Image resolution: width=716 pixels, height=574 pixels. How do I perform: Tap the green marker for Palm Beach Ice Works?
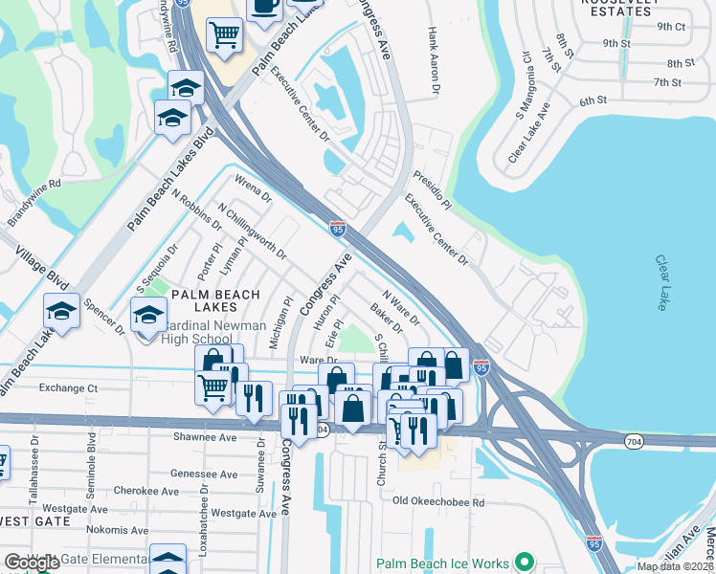tap(524, 563)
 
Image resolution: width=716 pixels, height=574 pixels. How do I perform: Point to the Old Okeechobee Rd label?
tap(438, 501)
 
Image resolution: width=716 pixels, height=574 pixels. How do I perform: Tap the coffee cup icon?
tap(264, 7)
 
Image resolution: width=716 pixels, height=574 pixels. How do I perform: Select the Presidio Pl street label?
tap(432, 189)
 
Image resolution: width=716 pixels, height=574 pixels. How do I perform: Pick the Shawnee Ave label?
tap(205, 437)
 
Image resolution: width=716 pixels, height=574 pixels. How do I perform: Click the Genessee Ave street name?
tap(203, 474)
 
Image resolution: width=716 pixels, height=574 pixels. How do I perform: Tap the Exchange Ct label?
tap(69, 388)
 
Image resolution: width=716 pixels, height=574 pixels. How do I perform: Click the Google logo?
tap(32, 563)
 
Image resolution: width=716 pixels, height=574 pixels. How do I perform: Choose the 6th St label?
tap(593, 100)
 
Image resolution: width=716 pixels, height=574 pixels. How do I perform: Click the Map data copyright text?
tap(675, 566)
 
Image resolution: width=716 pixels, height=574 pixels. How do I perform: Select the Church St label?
tap(381, 465)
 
